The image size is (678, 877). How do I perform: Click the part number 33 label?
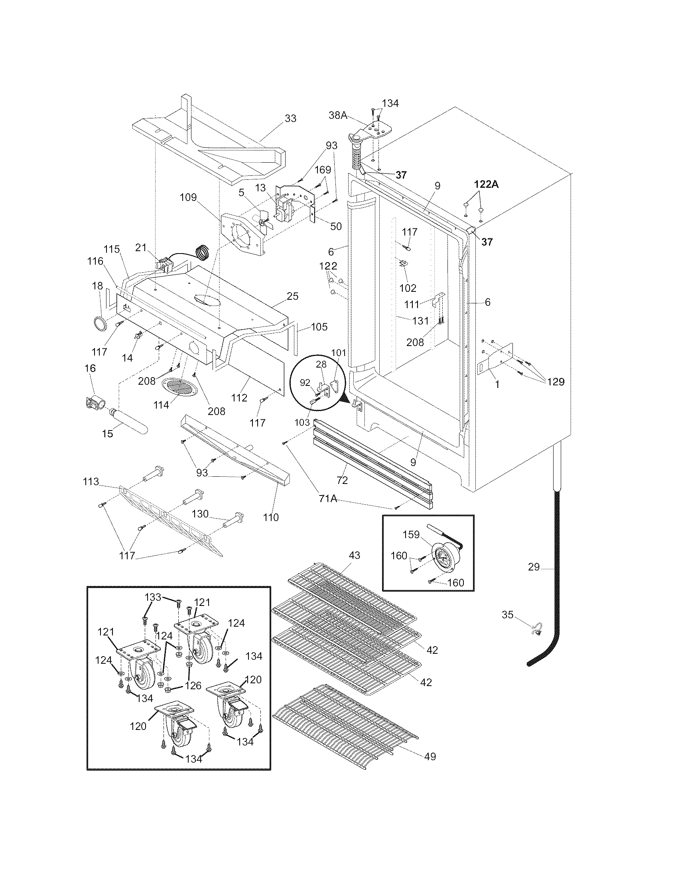click(290, 118)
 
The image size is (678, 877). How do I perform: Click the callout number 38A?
click(338, 116)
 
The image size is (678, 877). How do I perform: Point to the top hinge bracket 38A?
click(374, 131)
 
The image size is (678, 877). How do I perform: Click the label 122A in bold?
click(486, 184)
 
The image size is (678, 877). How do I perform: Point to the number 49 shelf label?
click(430, 757)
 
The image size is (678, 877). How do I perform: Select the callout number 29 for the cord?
click(533, 567)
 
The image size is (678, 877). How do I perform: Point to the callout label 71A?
click(328, 498)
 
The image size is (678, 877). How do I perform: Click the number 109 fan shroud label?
click(188, 197)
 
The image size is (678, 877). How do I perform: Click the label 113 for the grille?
click(91, 482)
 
